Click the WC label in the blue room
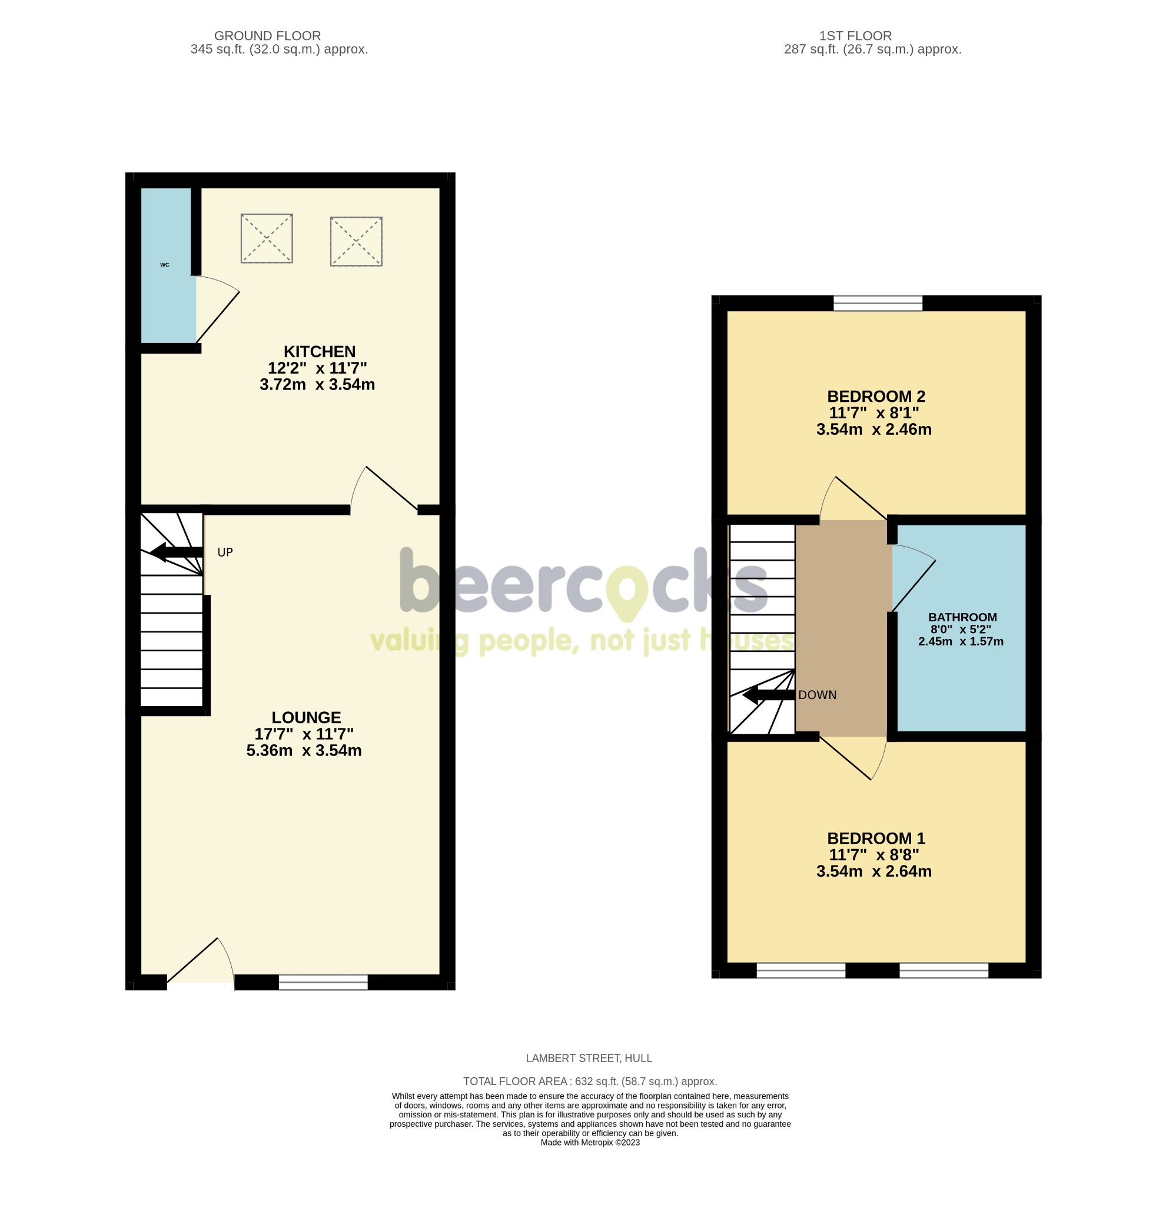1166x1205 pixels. [164, 265]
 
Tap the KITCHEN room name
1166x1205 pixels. [319, 352]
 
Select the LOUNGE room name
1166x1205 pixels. [305, 717]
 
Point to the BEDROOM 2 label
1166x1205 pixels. [875, 397]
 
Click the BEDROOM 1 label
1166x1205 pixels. [875, 838]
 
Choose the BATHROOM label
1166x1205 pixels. [962, 617]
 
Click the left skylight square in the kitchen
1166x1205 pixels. [266, 238]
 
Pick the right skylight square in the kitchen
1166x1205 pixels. [356, 241]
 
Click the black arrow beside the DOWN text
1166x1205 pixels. [768, 695]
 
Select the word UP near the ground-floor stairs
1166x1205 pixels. [225, 552]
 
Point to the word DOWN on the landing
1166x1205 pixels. [817, 695]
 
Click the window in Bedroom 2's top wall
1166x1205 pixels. [878, 303]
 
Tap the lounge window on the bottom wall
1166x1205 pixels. [323, 983]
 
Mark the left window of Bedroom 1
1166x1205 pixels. [800, 970]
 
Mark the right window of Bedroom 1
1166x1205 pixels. [944, 970]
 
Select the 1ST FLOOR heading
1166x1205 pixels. [854, 36]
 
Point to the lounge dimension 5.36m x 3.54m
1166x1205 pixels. [304, 751]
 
